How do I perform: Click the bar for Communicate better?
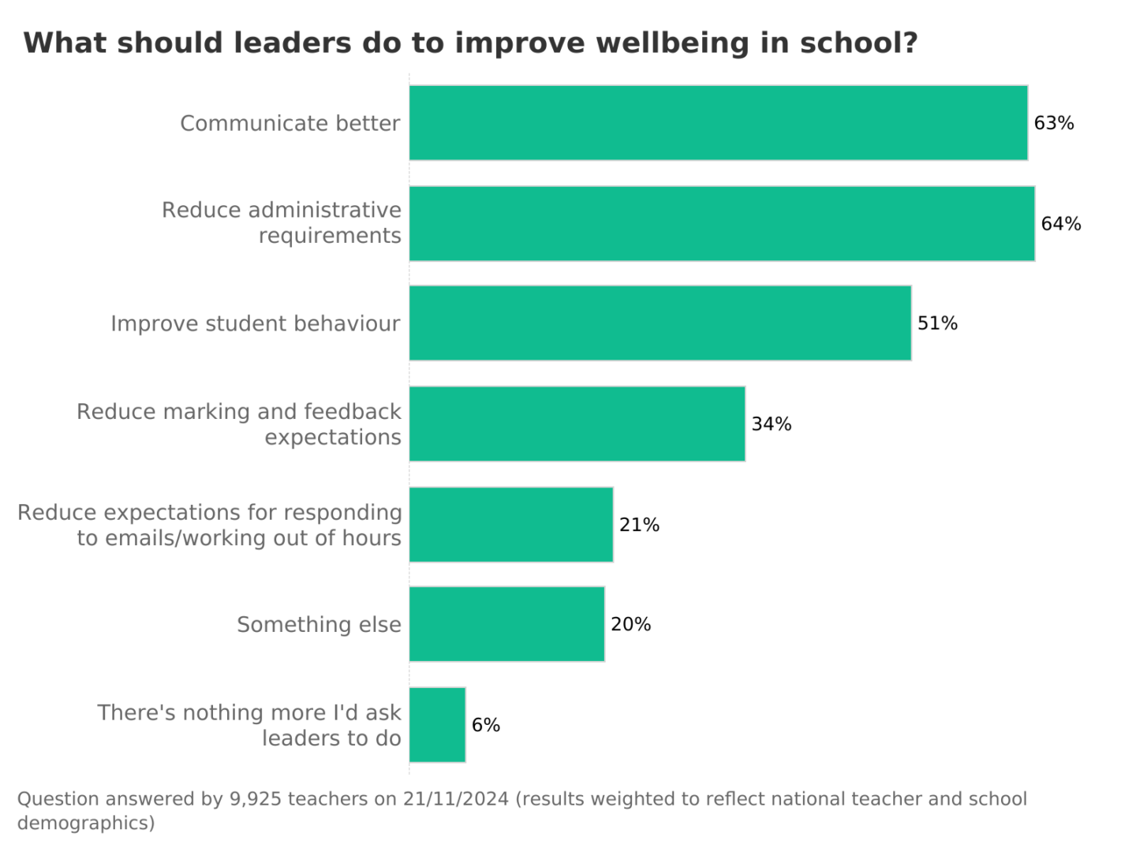(718, 123)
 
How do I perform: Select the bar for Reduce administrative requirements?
(722, 224)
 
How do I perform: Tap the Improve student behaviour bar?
(660, 323)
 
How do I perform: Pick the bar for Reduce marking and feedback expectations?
(577, 424)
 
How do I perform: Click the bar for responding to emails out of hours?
(511, 525)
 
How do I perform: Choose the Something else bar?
(506, 624)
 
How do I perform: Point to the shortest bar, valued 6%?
(437, 725)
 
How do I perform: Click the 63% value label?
(1054, 123)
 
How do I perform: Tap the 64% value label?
(1061, 224)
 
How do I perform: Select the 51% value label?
(937, 323)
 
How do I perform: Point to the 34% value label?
(772, 424)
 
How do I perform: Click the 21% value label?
(639, 525)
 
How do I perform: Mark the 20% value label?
(631, 625)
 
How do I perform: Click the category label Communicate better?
(290, 124)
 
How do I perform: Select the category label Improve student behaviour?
(256, 324)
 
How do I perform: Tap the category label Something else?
(319, 625)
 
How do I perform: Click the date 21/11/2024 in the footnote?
(456, 799)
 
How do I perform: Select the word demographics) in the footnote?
(86, 824)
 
